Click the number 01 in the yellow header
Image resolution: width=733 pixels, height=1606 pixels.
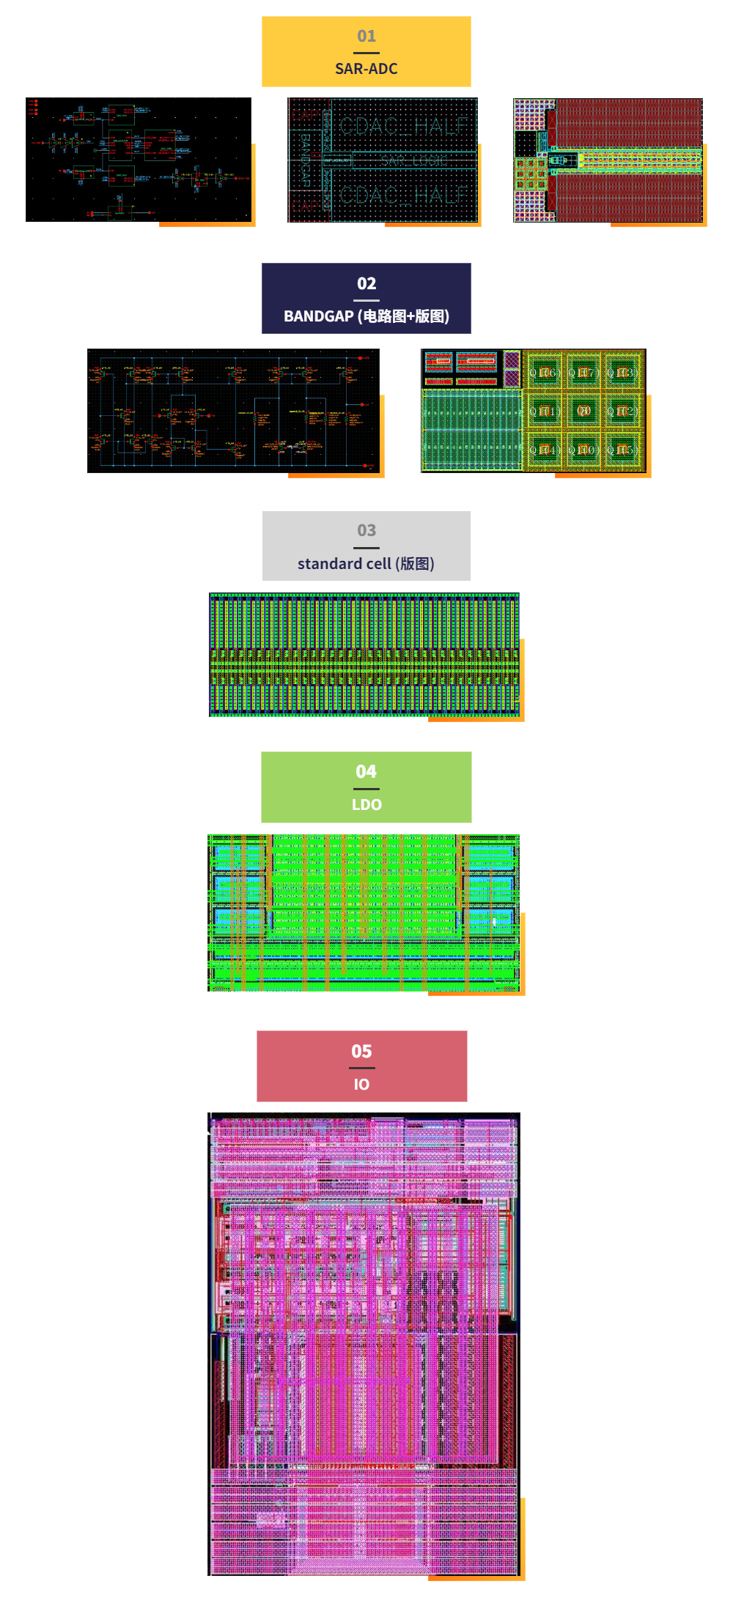point(366,36)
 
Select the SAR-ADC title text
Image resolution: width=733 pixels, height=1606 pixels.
point(366,69)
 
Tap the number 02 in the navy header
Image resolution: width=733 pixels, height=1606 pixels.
point(366,283)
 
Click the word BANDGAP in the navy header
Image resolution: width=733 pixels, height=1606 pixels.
point(318,316)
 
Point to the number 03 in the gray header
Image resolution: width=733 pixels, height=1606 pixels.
point(366,530)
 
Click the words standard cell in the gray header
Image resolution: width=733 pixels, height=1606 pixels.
point(344,564)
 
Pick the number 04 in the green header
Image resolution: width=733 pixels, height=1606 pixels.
point(366,771)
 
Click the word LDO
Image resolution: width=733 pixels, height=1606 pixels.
point(366,805)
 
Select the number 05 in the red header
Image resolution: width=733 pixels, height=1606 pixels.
point(361,1051)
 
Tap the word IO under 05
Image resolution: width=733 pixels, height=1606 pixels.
point(361,1085)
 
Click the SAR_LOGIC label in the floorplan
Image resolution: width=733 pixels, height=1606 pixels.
point(413,160)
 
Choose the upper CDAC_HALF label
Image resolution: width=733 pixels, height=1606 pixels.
point(404,126)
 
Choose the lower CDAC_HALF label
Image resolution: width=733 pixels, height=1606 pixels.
point(404,195)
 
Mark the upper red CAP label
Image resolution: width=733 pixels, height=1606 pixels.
point(306,115)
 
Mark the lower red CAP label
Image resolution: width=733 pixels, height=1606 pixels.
point(306,207)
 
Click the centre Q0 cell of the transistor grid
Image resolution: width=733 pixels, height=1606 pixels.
point(583,411)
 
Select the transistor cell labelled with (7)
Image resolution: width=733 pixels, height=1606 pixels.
point(583,373)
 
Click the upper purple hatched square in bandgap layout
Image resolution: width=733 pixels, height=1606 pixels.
point(512,360)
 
